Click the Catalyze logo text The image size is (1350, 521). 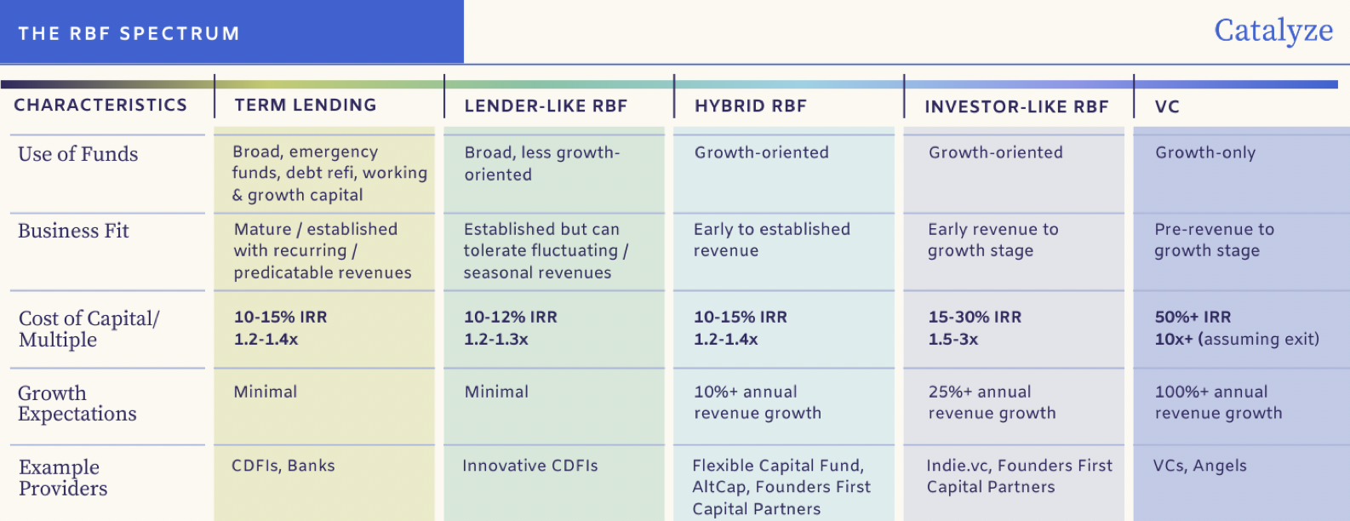tap(1273, 31)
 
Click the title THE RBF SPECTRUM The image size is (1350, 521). tap(129, 34)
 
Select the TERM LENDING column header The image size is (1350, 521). tap(306, 106)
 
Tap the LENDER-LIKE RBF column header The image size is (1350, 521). tap(546, 106)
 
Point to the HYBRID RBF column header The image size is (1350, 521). tap(750, 106)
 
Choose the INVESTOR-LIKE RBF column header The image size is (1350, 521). tap(1016, 107)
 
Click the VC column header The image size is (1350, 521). tap(1167, 107)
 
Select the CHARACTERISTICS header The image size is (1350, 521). tap(100, 106)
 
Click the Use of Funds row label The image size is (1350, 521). tap(77, 154)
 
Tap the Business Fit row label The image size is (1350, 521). tap(73, 231)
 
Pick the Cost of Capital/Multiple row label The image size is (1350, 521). tap(89, 329)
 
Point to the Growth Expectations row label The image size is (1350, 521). tap(77, 404)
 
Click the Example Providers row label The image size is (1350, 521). tap(63, 478)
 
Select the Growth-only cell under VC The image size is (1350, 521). tap(1205, 153)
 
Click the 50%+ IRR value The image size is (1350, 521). tap(1193, 318)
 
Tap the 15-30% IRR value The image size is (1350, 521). tap(975, 318)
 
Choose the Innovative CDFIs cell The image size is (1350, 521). tap(529, 466)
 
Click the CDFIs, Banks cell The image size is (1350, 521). tap(283, 466)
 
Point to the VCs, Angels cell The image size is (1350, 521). tap(1199, 466)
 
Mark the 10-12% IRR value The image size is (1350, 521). tap(510, 318)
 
